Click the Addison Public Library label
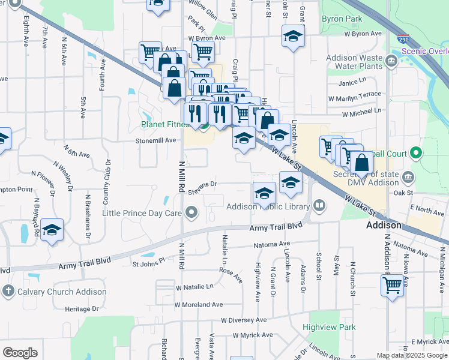[268, 207]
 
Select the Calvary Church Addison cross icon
[8, 292]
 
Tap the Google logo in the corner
[20, 353]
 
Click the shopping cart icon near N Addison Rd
[391, 286]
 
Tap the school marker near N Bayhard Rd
[52, 230]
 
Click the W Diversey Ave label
[243, 320]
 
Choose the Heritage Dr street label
[82, 308]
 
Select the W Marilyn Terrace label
[354, 95]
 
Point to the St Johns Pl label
[148, 263]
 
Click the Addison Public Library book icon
[319, 206]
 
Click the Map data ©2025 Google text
[412, 355]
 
